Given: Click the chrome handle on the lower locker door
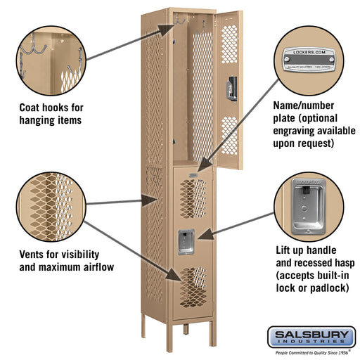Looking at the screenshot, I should [x=185, y=241].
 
